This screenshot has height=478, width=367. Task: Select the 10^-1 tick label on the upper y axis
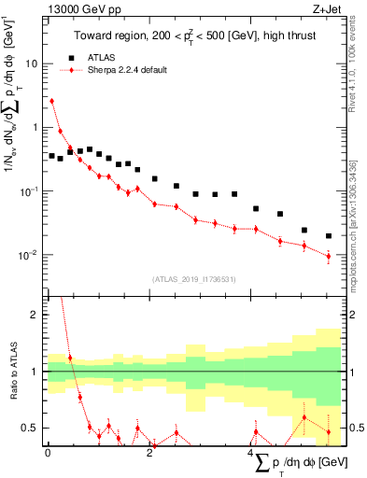(30, 190)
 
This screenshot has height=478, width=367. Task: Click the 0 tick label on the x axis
(48, 453)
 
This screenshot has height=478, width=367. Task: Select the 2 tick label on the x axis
(149, 453)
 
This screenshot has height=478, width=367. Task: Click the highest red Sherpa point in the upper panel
(51, 101)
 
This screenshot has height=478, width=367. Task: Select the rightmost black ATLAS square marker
(328, 236)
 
